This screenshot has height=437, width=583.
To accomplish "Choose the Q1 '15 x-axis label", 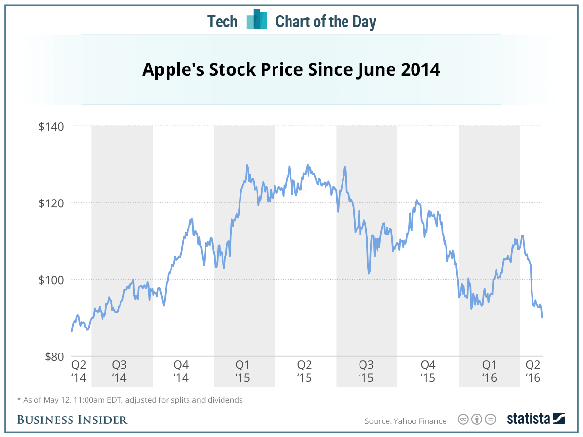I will [242, 371].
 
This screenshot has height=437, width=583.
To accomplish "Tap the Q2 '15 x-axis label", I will [304, 371].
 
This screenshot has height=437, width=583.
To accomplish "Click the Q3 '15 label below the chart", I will [366, 371].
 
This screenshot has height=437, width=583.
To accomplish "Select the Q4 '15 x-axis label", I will [428, 371].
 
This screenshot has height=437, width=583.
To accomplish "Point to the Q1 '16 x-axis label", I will [489, 371].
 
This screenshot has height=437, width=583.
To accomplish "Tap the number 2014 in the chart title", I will [421, 70].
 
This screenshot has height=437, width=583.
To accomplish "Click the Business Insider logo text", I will [72, 420].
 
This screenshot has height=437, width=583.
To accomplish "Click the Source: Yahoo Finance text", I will [405, 421].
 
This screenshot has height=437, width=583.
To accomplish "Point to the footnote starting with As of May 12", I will [130, 400].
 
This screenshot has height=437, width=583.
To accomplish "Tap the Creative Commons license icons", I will [477, 419].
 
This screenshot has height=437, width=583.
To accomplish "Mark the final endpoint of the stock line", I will [542, 317].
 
